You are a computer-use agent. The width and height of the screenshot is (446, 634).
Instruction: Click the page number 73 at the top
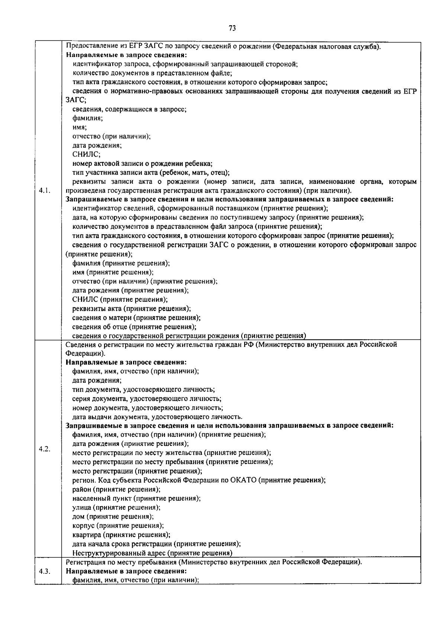232,29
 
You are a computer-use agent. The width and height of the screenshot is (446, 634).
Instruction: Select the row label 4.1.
45,191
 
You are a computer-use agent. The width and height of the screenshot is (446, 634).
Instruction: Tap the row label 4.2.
45,449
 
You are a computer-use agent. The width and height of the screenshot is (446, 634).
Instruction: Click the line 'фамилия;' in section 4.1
88,118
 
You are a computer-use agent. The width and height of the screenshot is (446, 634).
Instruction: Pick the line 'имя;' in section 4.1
80,127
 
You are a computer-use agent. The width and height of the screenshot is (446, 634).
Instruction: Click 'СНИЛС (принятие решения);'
120,300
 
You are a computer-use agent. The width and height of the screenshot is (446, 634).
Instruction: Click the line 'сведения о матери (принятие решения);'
136,318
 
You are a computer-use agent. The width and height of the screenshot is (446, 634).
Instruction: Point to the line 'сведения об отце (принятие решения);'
134,327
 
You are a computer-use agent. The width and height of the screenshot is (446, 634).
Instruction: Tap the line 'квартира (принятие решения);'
121,535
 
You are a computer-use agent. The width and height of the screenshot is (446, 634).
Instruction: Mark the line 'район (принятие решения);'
116,489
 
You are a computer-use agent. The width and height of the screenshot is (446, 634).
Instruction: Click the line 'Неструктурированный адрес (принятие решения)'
152,553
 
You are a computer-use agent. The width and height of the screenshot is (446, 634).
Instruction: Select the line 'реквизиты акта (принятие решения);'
132,308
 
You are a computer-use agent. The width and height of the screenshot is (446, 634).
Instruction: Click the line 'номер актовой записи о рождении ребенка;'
142,164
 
